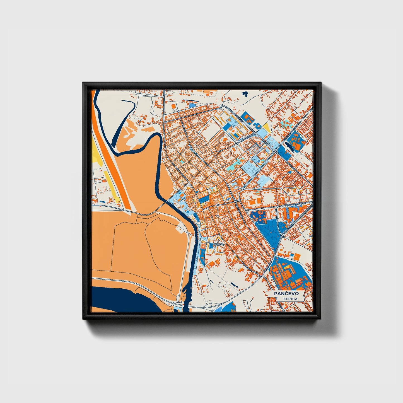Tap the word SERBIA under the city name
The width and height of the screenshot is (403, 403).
pyautogui.click(x=290, y=299)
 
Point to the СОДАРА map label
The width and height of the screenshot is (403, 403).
pyautogui.click(x=218, y=245)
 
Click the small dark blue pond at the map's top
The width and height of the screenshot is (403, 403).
pyautogui.click(x=245, y=94)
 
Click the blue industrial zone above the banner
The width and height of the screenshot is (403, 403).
pyautogui.click(x=290, y=272)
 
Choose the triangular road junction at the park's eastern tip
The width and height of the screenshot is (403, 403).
pyautogui.click(x=282, y=236)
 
